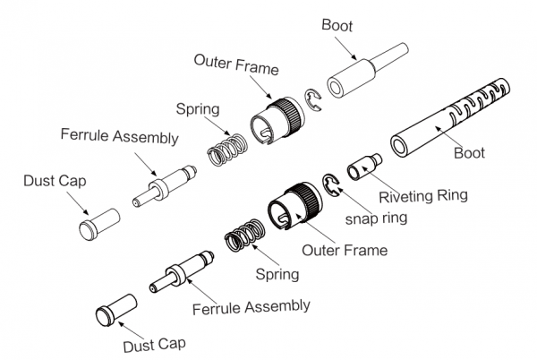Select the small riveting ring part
[362, 167]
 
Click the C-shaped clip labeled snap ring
[331, 185]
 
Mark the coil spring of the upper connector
[226, 149]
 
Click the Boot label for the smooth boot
[338, 26]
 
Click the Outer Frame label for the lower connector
[345, 250]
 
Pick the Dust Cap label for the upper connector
[52, 179]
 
